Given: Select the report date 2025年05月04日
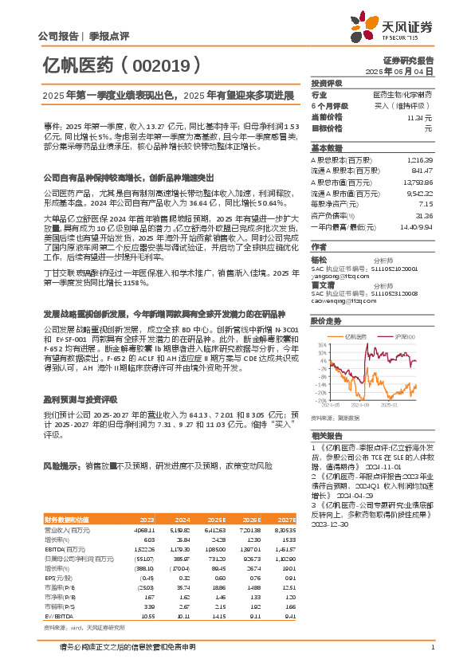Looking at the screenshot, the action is pyautogui.click(x=409, y=71).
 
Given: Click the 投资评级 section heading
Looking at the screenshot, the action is pyautogui.click(x=327, y=83).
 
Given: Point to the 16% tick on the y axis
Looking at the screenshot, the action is pyautogui.click(x=321, y=344).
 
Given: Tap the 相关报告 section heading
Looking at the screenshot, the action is pyautogui.click(x=327, y=436).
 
